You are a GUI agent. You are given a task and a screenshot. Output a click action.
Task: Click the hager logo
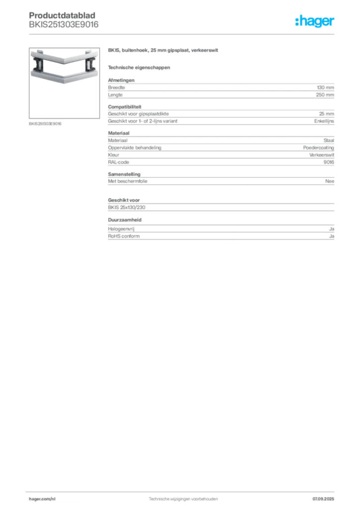(315, 21)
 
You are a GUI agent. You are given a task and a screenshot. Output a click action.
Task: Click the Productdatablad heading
(62, 15)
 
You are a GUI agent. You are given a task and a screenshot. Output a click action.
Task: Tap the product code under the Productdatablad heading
(64, 25)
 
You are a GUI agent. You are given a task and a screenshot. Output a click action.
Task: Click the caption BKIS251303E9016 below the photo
(45, 124)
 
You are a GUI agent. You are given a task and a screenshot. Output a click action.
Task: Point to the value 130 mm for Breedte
(325, 87)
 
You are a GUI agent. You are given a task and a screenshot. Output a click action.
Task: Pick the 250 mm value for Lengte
(325, 95)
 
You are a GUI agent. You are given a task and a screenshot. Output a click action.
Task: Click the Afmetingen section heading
(121, 80)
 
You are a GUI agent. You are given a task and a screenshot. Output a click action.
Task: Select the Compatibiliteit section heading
(125, 107)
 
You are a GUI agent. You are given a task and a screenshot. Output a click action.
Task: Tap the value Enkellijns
(324, 121)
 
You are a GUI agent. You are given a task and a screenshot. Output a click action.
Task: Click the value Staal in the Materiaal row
(329, 140)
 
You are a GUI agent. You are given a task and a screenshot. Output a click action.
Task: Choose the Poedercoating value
(318, 148)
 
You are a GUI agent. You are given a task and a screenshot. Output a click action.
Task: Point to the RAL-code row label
(118, 163)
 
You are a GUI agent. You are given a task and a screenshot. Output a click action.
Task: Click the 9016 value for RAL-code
(329, 163)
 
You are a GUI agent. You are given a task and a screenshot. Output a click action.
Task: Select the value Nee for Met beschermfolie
(330, 181)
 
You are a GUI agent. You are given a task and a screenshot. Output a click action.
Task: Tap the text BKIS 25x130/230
(127, 207)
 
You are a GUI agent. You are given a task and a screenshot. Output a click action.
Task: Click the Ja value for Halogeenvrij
(332, 229)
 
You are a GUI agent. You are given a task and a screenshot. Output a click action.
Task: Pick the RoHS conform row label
(124, 236)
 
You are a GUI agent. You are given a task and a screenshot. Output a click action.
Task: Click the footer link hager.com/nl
(42, 499)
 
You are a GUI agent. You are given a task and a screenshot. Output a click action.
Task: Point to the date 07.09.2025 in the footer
(323, 499)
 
